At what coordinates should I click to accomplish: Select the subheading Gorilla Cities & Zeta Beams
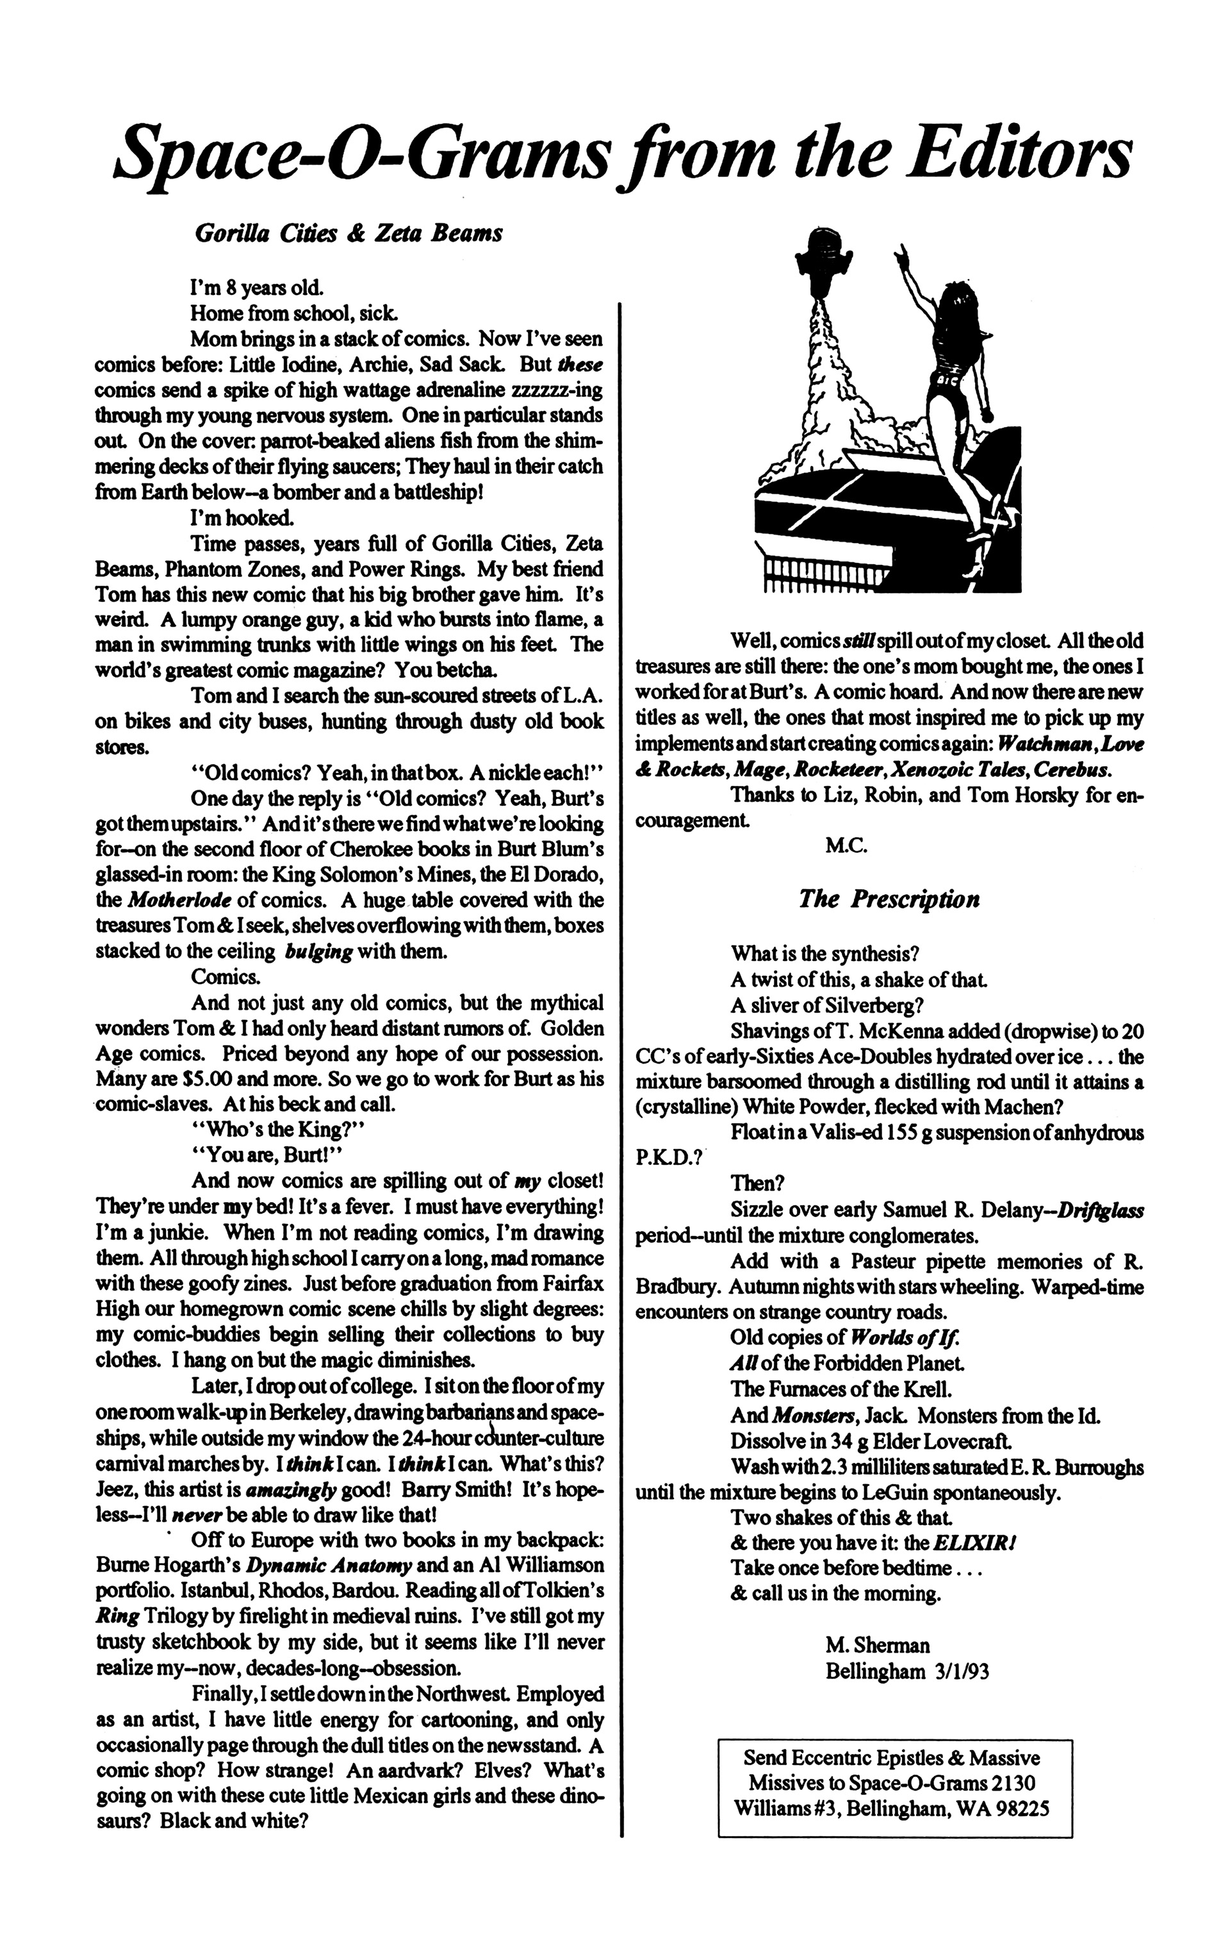click(x=349, y=233)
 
